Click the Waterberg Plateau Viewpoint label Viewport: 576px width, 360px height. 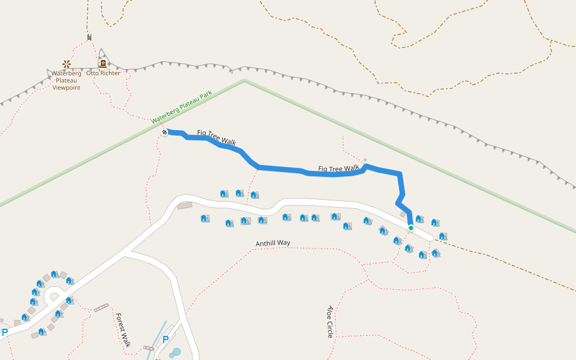click(66, 80)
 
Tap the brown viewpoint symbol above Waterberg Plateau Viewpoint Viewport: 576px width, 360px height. click(66, 64)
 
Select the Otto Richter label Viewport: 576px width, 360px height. click(103, 73)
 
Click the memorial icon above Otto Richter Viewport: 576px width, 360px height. click(103, 63)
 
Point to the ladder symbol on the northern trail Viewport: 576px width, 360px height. click(89, 38)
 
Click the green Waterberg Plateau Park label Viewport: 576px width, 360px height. click(182, 107)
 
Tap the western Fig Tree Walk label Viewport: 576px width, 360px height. click(217, 137)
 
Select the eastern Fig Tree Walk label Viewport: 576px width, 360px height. click(338, 169)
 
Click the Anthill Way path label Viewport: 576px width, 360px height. click(273, 243)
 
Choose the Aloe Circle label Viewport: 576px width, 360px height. click(330, 322)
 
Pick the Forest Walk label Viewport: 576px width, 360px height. click(123, 330)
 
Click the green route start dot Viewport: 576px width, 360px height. click(410, 228)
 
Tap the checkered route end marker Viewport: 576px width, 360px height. click(164, 132)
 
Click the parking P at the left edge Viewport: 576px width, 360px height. click(5, 332)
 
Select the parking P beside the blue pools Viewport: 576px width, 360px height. click(166, 340)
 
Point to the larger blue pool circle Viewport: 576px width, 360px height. click(176, 351)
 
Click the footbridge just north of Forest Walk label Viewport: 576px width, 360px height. click(101, 308)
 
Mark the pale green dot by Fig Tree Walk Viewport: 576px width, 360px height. click(365, 160)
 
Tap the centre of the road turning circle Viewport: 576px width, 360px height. click(55, 295)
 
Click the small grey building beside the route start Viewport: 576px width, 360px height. click(403, 214)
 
